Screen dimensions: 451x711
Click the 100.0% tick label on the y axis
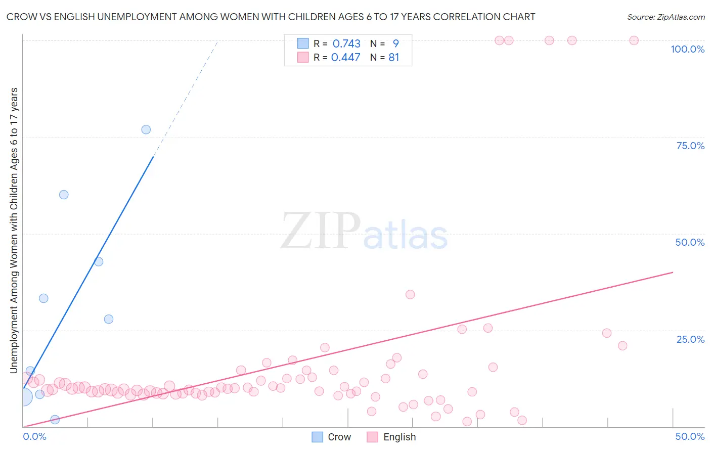coord(687,49)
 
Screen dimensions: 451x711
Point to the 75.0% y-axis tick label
coord(690,146)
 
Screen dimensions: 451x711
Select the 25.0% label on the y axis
coord(690,339)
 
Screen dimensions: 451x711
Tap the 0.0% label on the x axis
coord(35,436)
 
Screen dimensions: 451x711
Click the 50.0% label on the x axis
coord(690,436)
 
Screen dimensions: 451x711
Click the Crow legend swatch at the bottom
coord(318,437)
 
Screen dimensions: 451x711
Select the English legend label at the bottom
coord(399,437)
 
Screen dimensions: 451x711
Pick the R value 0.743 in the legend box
coord(346,43)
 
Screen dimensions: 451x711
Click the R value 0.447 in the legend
coord(345,58)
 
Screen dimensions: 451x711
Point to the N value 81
coord(394,58)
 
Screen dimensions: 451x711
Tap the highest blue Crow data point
coord(146,129)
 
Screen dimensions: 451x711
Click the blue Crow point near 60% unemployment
coord(64,195)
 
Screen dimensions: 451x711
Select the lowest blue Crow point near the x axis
coord(55,419)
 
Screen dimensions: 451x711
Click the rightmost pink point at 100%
coord(634,40)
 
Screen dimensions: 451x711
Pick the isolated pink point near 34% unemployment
coord(410,294)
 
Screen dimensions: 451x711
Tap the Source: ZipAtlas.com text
coord(665,17)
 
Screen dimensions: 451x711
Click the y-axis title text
coord(14,231)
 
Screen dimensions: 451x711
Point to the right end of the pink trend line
coord(673,272)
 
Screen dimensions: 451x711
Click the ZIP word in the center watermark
coord(320,231)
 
